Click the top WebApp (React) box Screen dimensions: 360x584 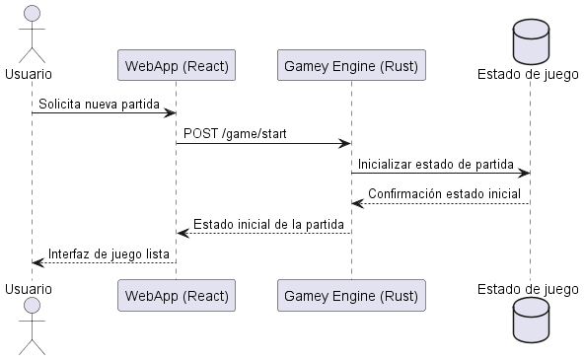176,67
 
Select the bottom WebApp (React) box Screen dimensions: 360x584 176,295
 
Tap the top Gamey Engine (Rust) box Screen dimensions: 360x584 350,67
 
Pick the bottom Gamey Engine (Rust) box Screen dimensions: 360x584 350,295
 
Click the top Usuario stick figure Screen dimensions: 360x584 31,32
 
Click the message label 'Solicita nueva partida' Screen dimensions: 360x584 99,104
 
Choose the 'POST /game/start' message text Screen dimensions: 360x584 235,133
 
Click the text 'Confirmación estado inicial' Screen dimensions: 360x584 444,193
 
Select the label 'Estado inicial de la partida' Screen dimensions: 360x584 267,223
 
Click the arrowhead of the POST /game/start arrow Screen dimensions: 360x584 345,143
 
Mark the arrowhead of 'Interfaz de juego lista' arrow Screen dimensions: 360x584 36,262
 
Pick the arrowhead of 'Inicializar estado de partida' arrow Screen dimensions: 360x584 525,174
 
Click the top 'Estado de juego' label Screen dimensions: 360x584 529,73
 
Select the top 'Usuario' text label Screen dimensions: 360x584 29,74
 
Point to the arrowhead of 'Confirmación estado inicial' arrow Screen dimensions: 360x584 356,203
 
